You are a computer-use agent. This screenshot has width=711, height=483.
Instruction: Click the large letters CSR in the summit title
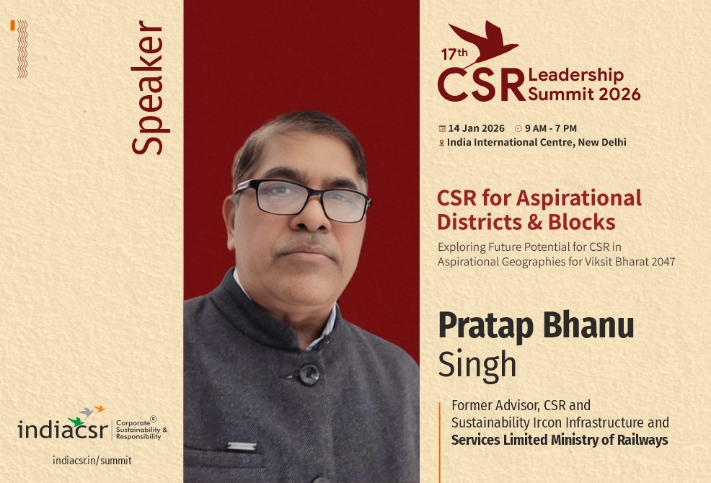[481, 85]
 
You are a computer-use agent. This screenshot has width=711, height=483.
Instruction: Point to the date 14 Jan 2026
[476, 128]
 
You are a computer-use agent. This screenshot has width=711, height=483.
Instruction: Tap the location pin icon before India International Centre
[441, 143]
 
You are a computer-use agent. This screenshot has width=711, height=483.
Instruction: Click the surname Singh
[477, 364]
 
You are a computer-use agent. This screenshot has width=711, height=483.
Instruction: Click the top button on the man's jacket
[308, 374]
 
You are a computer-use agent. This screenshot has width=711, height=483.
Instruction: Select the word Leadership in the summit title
[575, 75]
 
